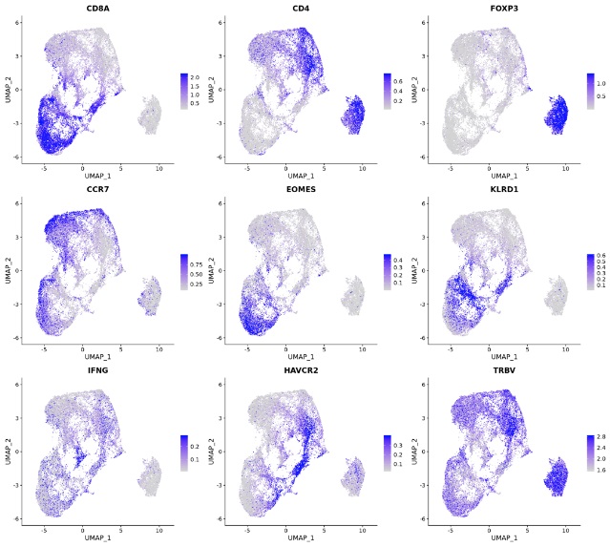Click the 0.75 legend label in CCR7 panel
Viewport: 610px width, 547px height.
[x=198, y=260]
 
